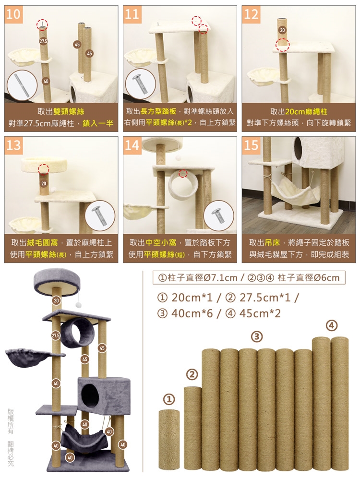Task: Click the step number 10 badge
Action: (13, 14)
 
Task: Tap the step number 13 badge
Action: (13, 145)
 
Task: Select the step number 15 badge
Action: (251, 145)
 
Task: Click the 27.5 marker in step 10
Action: (43, 41)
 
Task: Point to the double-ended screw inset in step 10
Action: (22, 86)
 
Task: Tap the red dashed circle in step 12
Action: (282, 45)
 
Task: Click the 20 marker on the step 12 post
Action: (282, 30)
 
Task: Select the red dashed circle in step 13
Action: (44, 168)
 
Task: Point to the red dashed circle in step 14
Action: (183, 173)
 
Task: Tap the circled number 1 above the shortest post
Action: (168, 399)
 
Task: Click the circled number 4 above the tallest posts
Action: (332, 325)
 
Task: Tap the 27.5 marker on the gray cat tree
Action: (56, 335)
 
